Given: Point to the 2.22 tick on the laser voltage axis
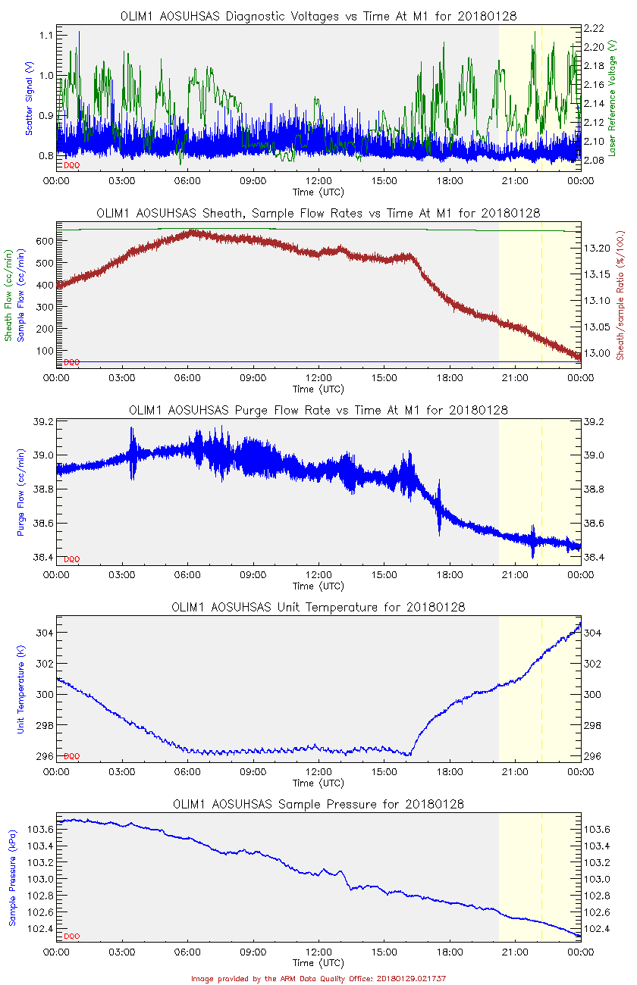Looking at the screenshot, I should (594, 28).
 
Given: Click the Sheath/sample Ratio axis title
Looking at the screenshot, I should (620, 296).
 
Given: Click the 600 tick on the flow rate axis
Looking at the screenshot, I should (43, 240).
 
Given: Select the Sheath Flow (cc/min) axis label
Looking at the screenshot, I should (10, 296).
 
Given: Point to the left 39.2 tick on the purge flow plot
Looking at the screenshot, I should (42, 421).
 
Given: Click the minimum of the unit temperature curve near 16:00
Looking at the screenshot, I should (409, 755).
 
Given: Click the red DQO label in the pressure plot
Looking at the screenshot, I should (71, 937).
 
